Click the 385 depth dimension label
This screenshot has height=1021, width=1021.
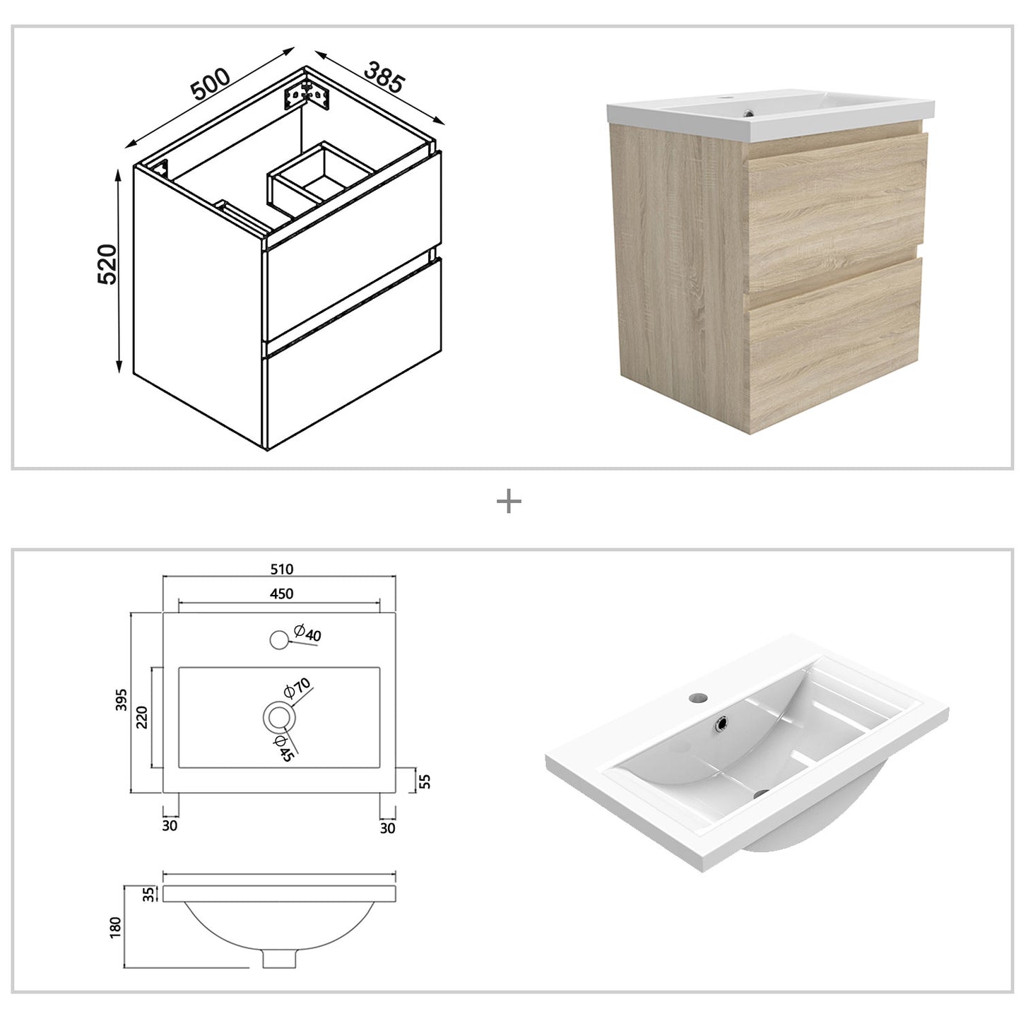pyautogui.click(x=384, y=76)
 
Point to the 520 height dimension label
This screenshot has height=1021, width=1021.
pyautogui.click(x=106, y=264)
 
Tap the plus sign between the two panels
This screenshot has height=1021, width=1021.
pyautogui.click(x=509, y=502)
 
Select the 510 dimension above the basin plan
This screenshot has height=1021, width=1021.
pyautogui.click(x=281, y=569)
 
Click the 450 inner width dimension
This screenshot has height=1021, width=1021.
pyautogui.click(x=281, y=594)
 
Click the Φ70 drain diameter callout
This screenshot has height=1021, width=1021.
pyautogui.click(x=297, y=688)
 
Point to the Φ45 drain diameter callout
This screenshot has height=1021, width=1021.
pyautogui.click(x=284, y=748)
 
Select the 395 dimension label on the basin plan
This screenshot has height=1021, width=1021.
pyautogui.click(x=122, y=700)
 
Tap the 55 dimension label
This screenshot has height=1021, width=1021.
pyautogui.click(x=425, y=781)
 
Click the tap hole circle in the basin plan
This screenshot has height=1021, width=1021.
pyautogui.click(x=279, y=640)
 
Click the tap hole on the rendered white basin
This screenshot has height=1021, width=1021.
pyautogui.click(x=699, y=697)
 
